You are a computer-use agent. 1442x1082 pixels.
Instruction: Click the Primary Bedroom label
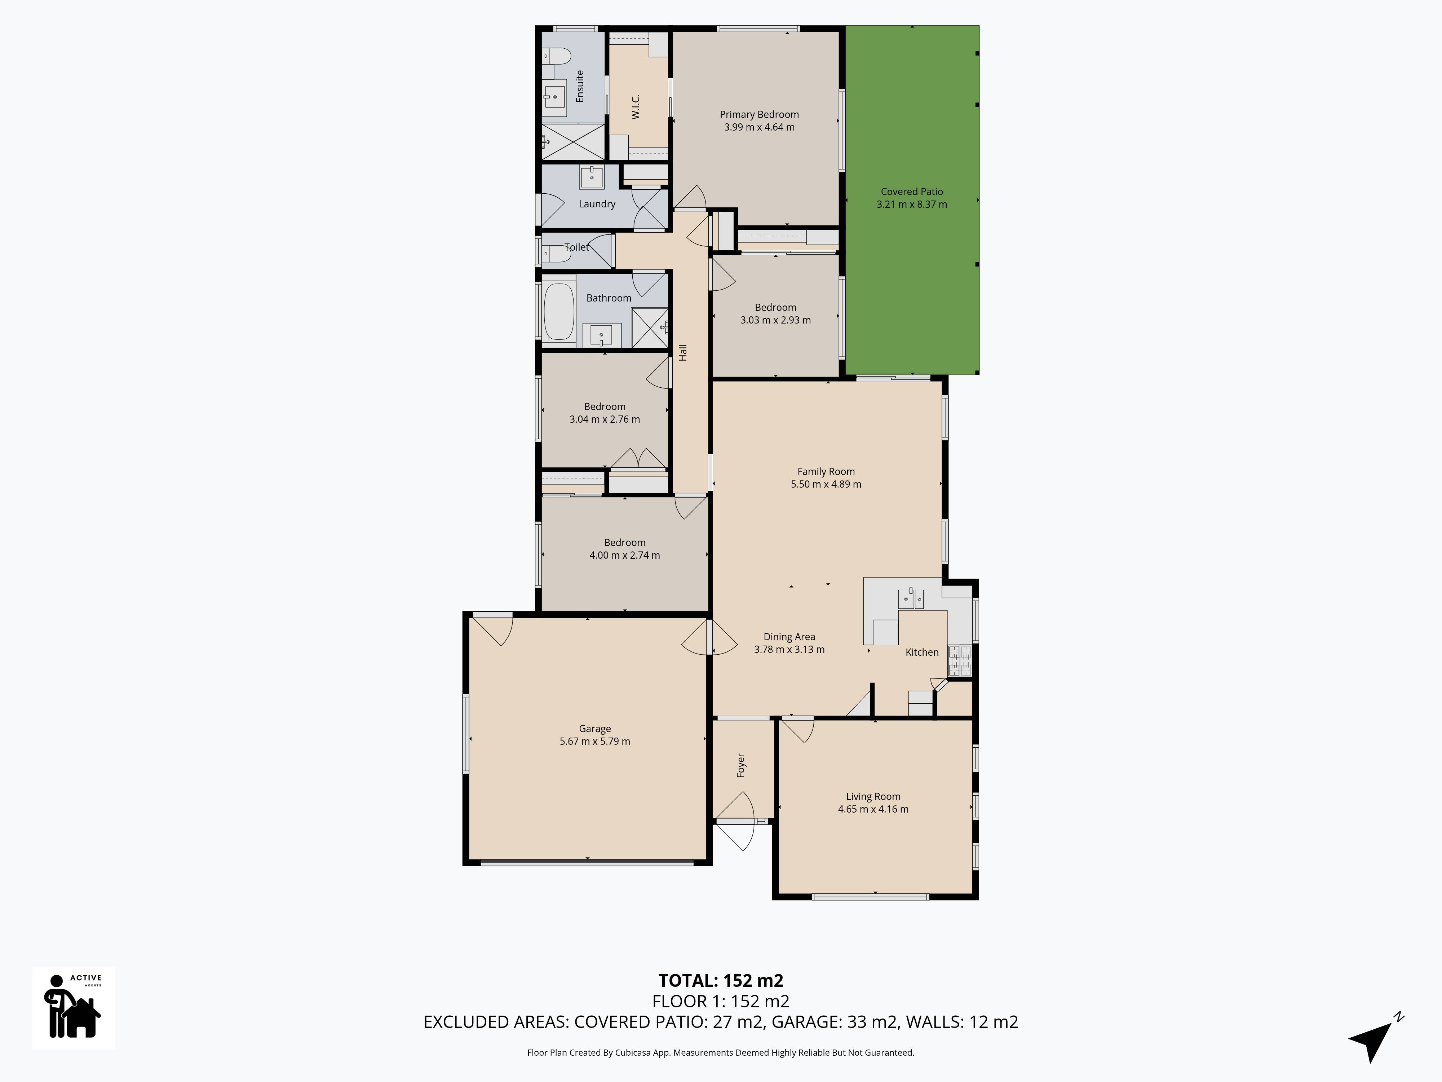click(x=759, y=115)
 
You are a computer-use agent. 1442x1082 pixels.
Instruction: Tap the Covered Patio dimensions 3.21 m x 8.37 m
click(x=911, y=204)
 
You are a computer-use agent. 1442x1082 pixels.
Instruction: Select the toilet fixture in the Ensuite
click(x=556, y=57)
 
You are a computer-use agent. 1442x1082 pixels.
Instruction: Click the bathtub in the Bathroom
click(x=558, y=311)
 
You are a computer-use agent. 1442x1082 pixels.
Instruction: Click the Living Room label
click(x=873, y=796)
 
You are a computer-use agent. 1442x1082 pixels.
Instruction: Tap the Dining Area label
click(x=789, y=637)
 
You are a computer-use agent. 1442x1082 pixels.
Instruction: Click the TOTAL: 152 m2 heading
click(x=720, y=980)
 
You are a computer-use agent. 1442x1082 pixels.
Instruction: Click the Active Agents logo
click(x=74, y=1008)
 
